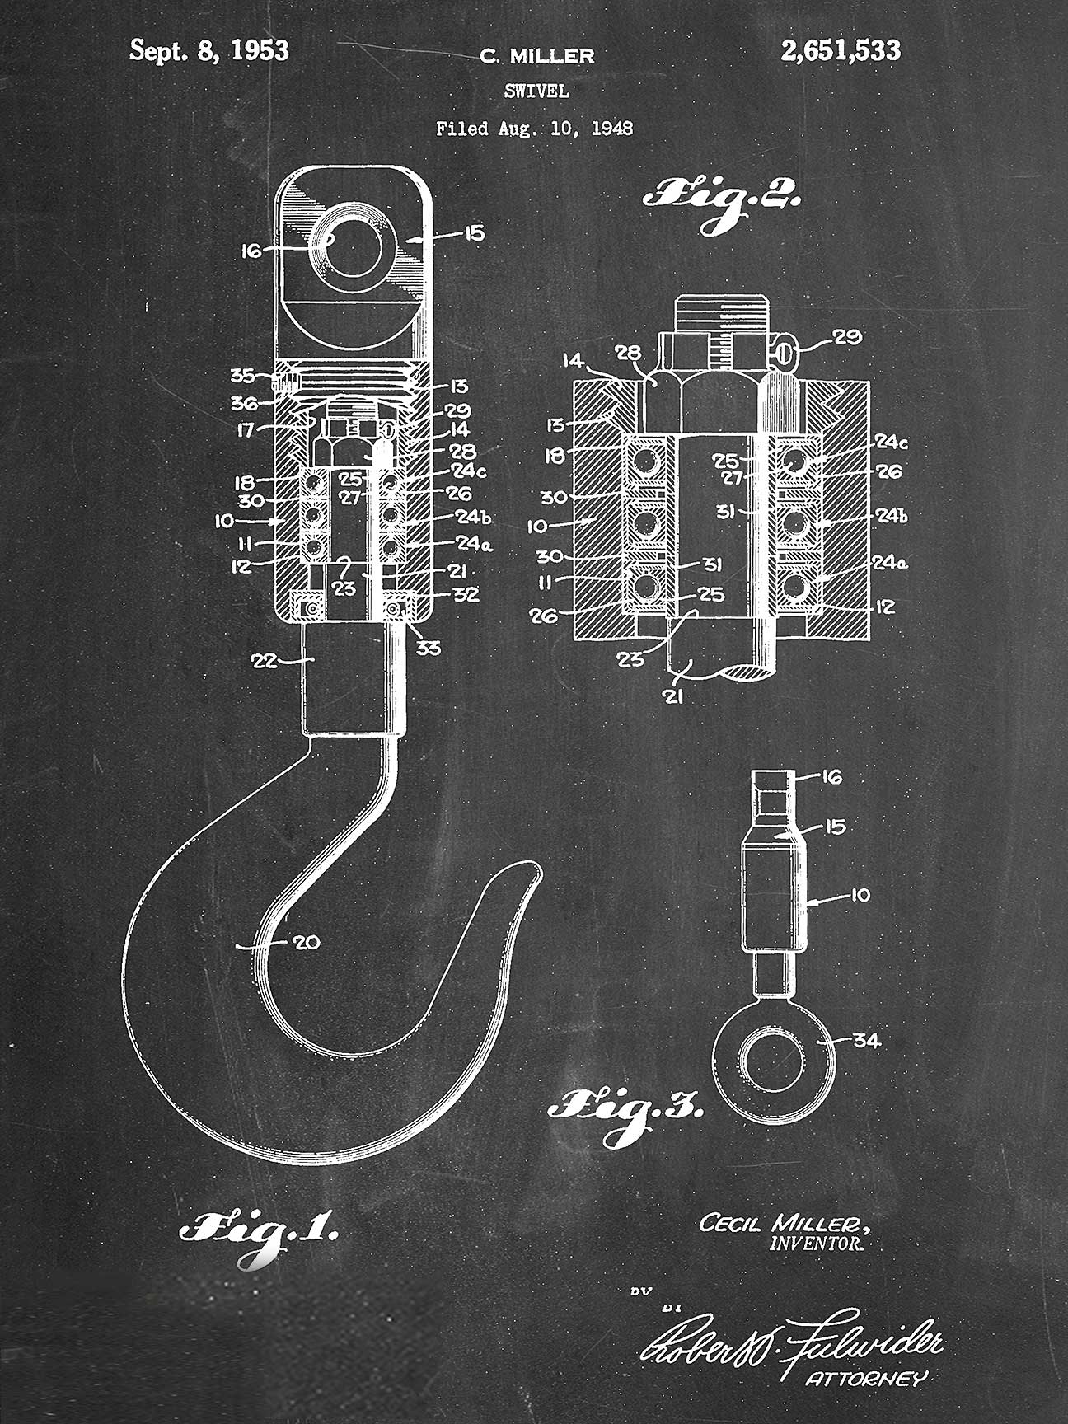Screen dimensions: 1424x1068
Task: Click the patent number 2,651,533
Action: tap(840, 51)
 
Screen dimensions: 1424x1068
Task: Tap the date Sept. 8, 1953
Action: tap(209, 51)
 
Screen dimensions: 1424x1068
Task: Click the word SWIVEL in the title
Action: tap(536, 91)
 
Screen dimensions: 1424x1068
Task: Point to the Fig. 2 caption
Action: tap(721, 199)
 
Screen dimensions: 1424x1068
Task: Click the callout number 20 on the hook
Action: tap(306, 943)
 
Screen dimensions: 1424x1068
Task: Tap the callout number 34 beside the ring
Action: tap(866, 1041)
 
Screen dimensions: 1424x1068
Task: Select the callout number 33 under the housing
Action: tap(428, 649)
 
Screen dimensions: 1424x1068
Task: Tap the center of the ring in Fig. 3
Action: tap(774, 1061)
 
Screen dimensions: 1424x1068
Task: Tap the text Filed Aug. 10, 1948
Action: tap(534, 129)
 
